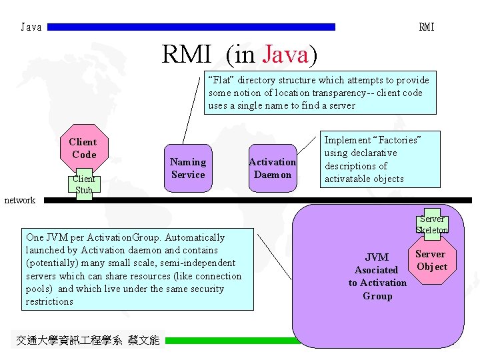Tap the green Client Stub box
click(x=84, y=185)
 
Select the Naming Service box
click(x=188, y=168)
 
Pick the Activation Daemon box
click(x=272, y=169)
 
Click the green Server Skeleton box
click(x=432, y=224)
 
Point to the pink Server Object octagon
click(x=431, y=260)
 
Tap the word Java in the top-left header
click(x=31, y=27)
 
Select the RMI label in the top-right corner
click(x=427, y=27)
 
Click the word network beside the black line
click(x=20, y=200)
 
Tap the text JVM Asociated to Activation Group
click(x=377, y=276)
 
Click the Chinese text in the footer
click(x=87, y=340)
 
